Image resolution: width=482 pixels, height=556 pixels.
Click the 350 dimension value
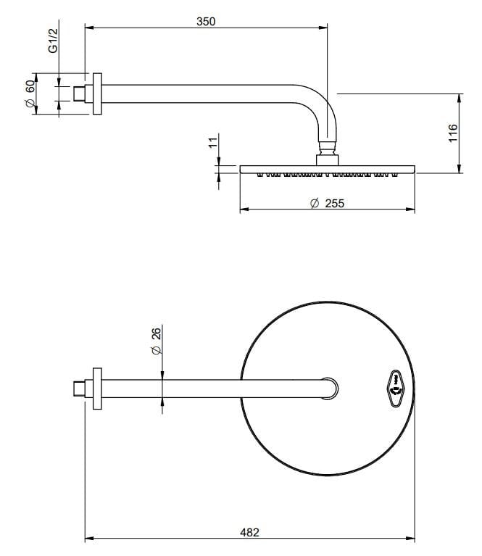pos(206,22)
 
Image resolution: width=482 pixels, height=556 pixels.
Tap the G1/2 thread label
pos(52,41)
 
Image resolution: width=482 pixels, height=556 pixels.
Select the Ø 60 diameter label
pos(30,94)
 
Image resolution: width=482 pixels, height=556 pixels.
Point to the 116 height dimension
pos(453,133)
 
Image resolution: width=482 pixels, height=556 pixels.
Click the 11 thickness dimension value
pos(213,143)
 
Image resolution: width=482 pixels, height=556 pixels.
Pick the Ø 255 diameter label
pos(327,203)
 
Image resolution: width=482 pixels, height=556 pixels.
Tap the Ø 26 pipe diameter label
pos(156,341)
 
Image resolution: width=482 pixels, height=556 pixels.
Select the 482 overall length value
pos(249,533)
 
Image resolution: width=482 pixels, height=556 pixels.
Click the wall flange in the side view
pos(97,94)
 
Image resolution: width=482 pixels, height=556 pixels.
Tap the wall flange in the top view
pos(97,389)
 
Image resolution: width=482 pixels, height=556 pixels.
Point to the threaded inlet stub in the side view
pos(79,94)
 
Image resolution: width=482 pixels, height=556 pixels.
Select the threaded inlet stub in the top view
pos(79,389)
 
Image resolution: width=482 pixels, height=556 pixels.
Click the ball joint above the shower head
pos(327,148)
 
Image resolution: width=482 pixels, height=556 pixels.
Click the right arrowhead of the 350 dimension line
pos(323,28)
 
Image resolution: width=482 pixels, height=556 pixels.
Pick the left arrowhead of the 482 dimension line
pos(89,539)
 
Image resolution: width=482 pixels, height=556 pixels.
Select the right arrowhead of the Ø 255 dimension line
pos(410,209)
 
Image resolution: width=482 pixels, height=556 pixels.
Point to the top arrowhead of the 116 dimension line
pos(460,98)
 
